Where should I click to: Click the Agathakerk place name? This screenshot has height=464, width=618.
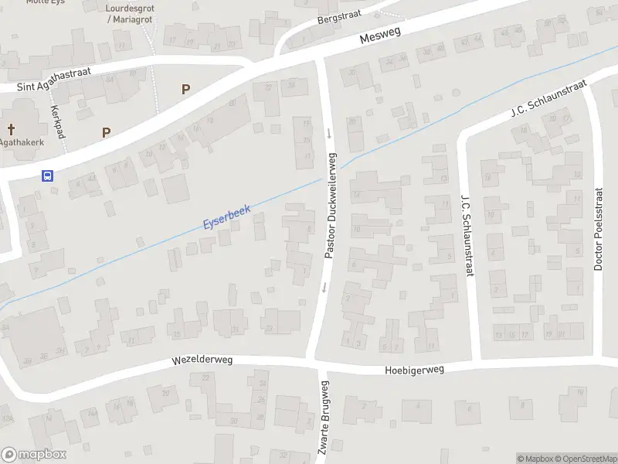(21, 142)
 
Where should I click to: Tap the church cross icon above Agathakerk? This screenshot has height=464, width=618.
(11, 129)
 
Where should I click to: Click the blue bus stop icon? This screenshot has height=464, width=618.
(47, 175)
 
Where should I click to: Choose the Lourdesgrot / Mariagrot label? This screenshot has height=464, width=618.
(127, 12)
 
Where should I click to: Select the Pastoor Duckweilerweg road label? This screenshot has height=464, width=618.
(329, 205)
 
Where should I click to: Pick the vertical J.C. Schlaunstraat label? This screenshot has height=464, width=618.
(466, 234)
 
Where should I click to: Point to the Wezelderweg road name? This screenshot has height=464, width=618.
(202, 360)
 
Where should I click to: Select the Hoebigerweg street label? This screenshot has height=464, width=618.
(415, 370)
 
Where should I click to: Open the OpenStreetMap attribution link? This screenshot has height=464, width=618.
(585, 459)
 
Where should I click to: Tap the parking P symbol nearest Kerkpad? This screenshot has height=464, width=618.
(106, 132)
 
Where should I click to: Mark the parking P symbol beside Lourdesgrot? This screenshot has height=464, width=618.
(185, 89)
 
